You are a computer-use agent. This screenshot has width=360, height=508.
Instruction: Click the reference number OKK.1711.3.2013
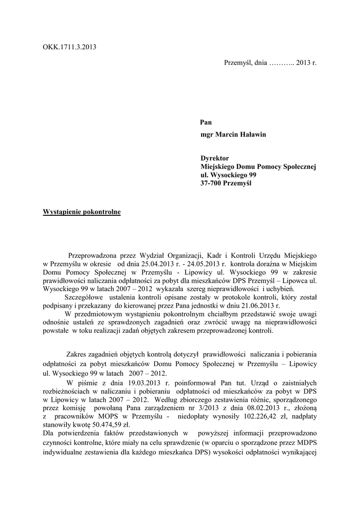click(70, 48)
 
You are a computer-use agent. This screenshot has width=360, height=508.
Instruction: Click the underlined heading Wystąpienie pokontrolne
click(82, 212)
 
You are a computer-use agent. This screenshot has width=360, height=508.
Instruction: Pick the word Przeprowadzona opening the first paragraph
click(96, 253)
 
